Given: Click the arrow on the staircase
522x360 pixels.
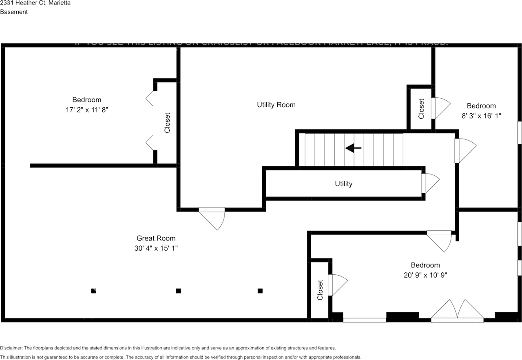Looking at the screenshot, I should point(353,148).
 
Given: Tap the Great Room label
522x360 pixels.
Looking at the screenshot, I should point(156,239).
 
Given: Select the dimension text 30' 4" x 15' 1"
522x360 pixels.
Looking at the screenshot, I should point(156,248).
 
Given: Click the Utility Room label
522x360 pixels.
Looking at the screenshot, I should point(276,105).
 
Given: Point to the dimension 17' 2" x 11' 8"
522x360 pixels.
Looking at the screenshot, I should point(86,110).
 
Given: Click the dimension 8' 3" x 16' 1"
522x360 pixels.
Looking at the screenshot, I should point(481,116).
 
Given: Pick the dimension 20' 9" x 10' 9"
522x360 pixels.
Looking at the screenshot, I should point(425,275).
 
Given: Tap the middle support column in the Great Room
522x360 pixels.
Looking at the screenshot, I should point(178,291).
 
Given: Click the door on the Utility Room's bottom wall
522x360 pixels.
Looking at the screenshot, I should point(212,218).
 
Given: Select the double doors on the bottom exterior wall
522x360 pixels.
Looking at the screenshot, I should point(457,311).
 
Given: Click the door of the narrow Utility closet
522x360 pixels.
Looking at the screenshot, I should point(430,183).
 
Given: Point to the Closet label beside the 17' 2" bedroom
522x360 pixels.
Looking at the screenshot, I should point(167,123).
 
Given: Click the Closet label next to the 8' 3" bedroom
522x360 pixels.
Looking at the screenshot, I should point(421,109).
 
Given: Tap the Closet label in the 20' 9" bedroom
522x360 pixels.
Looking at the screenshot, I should point(320,290).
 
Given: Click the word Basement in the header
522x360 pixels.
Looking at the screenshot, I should point(14,12).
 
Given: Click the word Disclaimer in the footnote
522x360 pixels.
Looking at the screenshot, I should point(11,348).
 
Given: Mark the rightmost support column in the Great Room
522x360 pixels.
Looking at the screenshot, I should point(260,291).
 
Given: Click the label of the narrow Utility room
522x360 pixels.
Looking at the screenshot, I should point(343,184).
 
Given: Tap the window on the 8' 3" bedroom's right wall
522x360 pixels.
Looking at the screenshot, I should point(520,133).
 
